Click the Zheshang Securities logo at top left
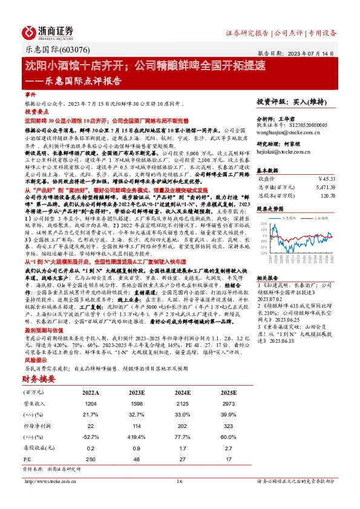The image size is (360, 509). tap(48, 31)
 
